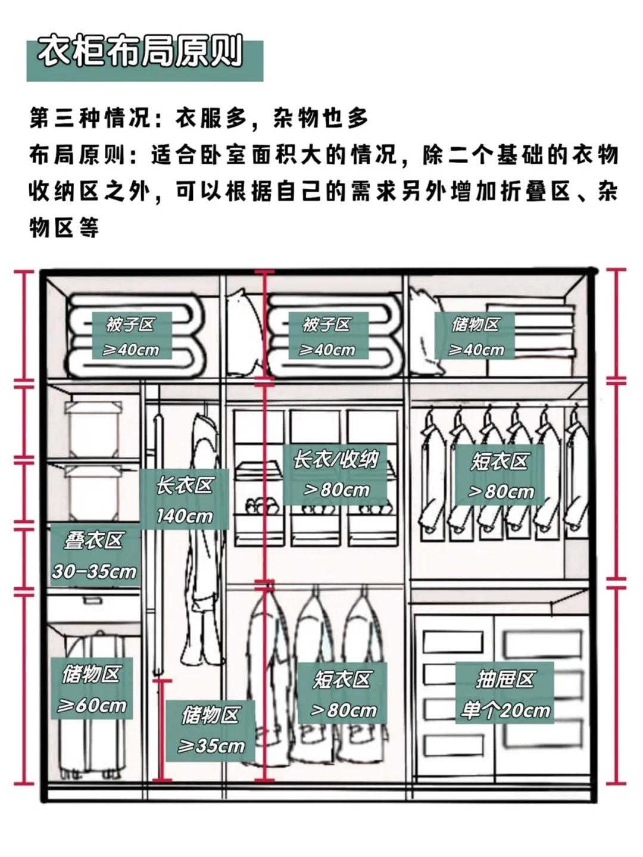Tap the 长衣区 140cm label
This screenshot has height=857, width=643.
(185, 499)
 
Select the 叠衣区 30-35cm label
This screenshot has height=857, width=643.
(94, 555)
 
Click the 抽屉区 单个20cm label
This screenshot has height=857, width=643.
(505, 693)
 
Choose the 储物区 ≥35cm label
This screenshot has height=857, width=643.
(211, 730)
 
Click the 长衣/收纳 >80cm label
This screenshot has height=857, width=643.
(335, 474)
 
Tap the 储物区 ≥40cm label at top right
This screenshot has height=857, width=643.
(475, 336)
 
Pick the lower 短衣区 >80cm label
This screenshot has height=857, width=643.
(342, 693)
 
